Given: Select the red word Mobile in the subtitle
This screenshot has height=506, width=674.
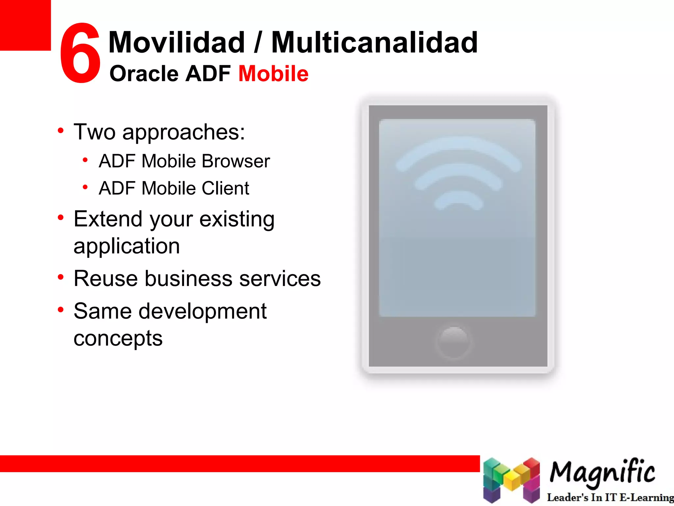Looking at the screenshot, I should click(x=273, y=73).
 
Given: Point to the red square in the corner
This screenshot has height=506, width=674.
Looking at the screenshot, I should click(x=25, y=25).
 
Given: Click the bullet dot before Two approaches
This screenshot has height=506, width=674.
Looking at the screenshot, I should click(x=61, y=131).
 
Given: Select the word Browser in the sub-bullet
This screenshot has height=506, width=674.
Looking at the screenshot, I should click(x=236, y=161).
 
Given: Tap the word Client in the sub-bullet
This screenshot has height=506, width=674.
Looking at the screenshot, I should click(x=225, y=188).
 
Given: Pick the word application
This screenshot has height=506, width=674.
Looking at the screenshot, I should click(x=127, y=246).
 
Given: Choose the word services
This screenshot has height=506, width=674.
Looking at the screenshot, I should click(x=280, y=278).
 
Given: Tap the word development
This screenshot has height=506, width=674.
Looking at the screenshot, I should click(x=202, y=311).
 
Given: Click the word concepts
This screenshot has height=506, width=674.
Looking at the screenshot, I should click(x=118, y=338).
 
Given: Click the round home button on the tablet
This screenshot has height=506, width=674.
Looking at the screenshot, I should click(x=454, y=342).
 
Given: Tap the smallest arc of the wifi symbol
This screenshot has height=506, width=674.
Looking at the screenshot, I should click(x=458, y=201).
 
